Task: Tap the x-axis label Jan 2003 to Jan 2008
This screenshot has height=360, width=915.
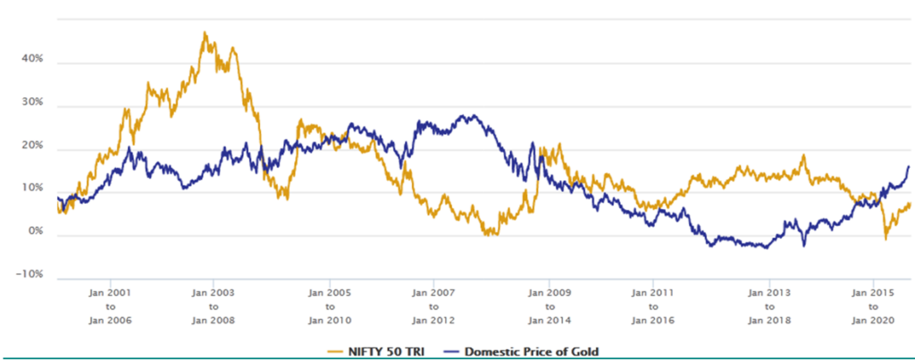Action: pyautogui.click(x=214, y=306)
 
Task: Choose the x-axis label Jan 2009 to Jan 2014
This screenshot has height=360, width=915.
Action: pyautogui.click(x=545, y=306)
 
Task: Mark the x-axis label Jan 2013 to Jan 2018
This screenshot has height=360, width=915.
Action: pyautogui.click(x=768, y=306)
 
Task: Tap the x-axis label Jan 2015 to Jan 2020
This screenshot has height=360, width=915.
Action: pyautogui.click(x=871, y=306)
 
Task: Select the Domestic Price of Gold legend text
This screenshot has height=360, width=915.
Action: pyautogui.click(x=525, y=349)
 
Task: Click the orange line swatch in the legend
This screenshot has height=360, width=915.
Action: pyautogui.click(x=341, y=349)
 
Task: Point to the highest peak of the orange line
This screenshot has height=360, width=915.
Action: pyautogui.click(x=205, y=33)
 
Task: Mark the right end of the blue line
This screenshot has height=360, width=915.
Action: pyautogui.click(x=909, y=166)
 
